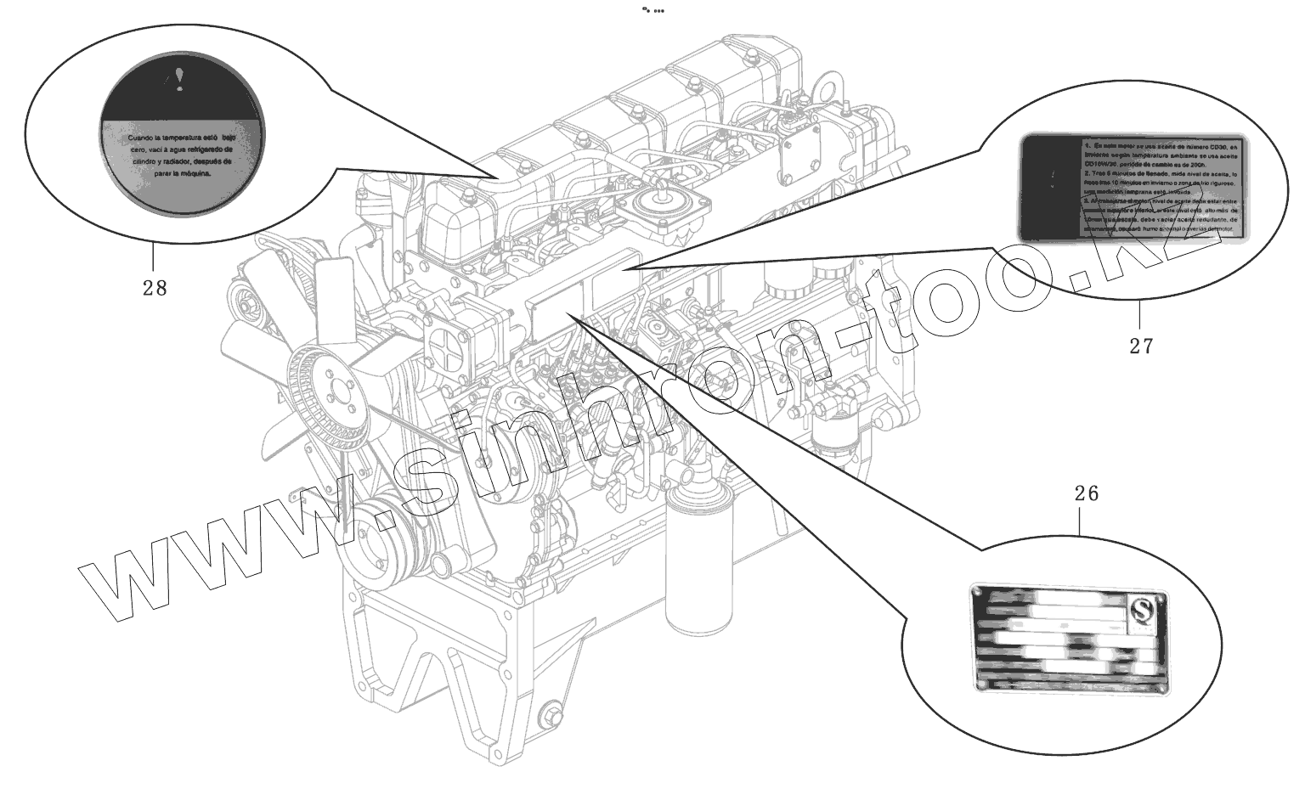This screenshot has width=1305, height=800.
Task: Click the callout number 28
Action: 155,288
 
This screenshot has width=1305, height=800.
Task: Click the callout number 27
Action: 1141,346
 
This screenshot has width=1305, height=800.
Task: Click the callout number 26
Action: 1086,493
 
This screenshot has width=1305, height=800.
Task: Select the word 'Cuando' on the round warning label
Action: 142,137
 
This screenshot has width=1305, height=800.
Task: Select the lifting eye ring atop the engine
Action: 827,87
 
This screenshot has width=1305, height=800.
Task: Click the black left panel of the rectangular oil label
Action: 1049,187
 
